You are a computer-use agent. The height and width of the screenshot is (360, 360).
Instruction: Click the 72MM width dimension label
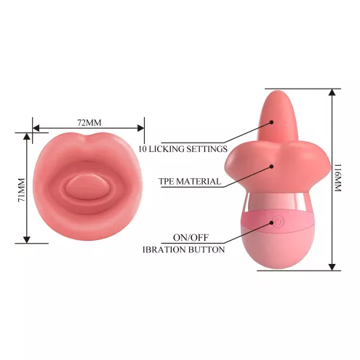pyautogui.click(x=89, y=123)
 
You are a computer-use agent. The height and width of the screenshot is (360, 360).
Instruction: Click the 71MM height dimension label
pyautogui.click(x=22, y=190)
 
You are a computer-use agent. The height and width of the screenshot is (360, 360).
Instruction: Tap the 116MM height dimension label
pyautogui.click(x=338, y=178)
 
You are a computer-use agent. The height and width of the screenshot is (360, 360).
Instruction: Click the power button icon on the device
pyautogui.click(x=278, y=222)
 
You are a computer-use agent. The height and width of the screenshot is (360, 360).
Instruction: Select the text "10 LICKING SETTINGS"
pyautogui.click(x=183, y=148)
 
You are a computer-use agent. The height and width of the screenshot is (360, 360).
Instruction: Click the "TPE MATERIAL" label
pyautogui.click(x=190, y=181)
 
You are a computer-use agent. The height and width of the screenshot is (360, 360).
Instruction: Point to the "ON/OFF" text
pyautogui.click(x=191, y=238)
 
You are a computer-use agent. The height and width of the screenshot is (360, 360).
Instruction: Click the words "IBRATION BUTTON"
pyautogui.click(x=183, y=249)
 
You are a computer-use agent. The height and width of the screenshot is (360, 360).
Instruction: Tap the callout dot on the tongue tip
pyautogui.click(x=272, y=122)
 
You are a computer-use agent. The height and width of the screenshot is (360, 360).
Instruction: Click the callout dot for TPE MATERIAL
pyautogui.click(x=272, y=167)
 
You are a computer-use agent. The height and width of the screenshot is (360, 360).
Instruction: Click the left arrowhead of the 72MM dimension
pyautogui.click(x=36, y=128)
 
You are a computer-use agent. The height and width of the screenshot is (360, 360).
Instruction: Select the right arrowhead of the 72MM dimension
pyautogui.click(x=141, y=128)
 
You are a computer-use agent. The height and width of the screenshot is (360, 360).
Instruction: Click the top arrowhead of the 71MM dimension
pyautogui.click(x=27, y=136)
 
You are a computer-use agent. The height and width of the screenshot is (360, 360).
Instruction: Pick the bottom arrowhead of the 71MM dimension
pyautogui.click(x=27, y=240)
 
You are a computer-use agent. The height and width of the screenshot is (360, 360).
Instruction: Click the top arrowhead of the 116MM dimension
pyautogui.click(x=332, y=92)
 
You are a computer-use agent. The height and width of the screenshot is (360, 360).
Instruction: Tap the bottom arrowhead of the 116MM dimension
pyautogui.click(x=332, y=267)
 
